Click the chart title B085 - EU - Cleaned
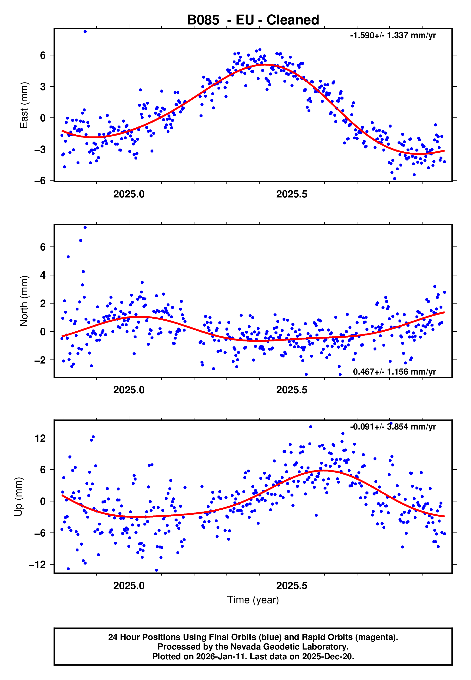(x=253, y=20)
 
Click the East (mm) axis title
(x=24, y=105)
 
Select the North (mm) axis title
(x=24, y=301)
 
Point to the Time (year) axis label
(x=253, y=600)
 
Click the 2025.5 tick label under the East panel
(x=292, y=194)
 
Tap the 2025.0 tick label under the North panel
(x=129, y=390)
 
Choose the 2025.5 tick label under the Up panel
(x=292, y=586)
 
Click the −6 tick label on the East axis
(x=40, y=180)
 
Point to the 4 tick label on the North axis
(x=43, y=275)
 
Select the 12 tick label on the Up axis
(x=40, y=438)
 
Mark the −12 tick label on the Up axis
(x=37, y=564)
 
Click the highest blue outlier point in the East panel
(x=85, y=31)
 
